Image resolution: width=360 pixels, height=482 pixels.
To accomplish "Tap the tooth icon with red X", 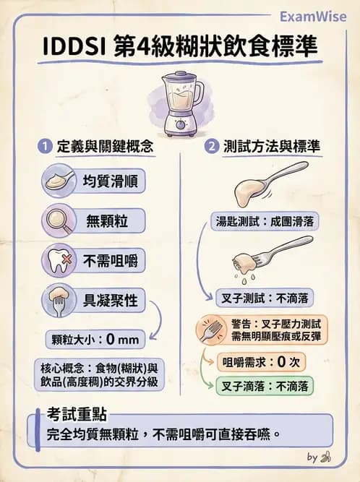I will point(59,259).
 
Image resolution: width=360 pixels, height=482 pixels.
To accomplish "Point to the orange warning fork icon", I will point(213,330).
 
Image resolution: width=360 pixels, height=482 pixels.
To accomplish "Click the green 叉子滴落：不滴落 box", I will point(266,387).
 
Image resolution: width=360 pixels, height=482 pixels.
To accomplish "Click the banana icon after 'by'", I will point(326,457).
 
